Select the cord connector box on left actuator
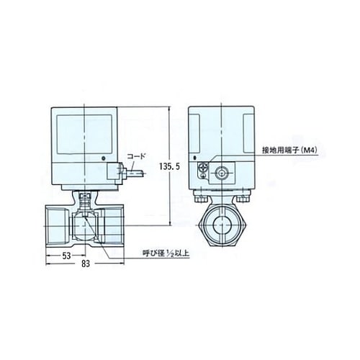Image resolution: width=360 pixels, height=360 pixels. (114, 173)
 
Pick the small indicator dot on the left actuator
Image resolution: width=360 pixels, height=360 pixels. (103, 159)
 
